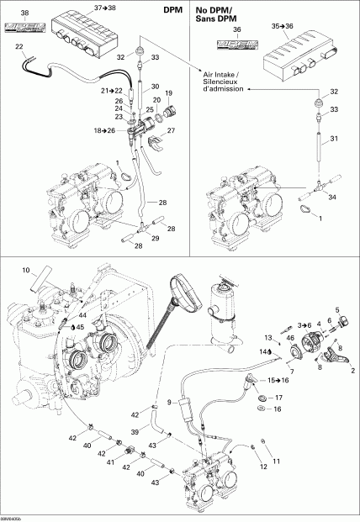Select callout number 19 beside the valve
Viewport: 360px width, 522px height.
click(x=168, y=92)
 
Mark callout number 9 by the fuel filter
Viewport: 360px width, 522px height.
click(x=171, y=401)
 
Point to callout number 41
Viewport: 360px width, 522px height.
click(x=111, y=462)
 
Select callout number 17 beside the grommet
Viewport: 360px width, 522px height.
click(x=280, y=397)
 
